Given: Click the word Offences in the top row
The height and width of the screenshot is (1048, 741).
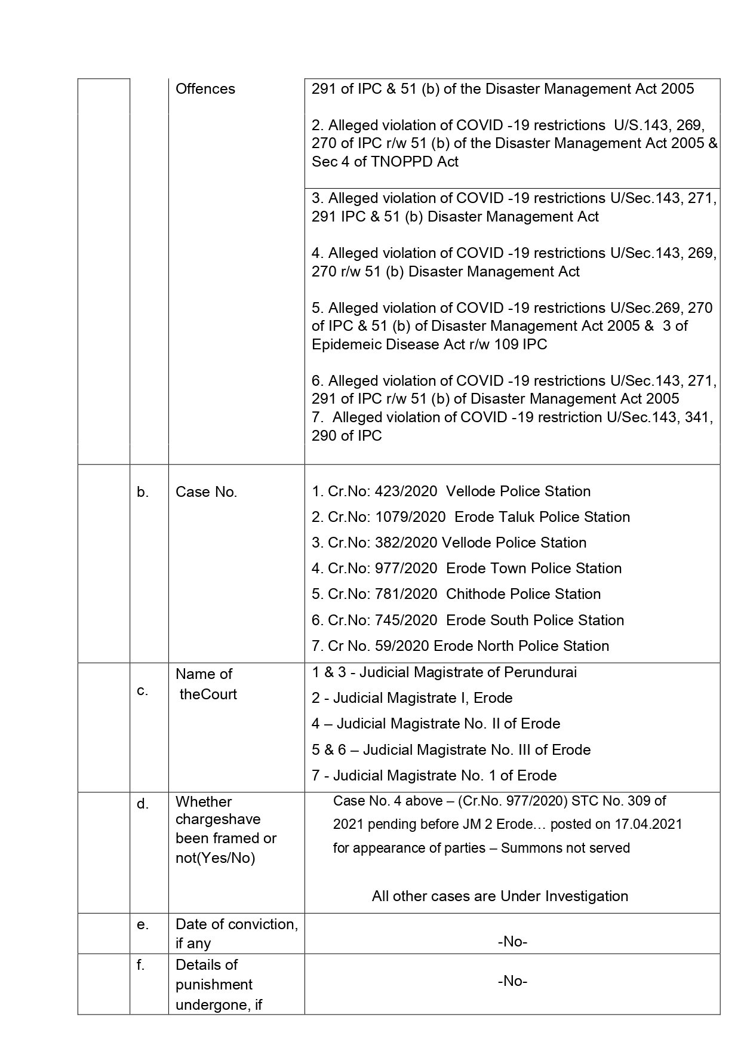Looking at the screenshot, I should click(205, 89).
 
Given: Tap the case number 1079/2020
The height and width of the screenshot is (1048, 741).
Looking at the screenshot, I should click(410, 517).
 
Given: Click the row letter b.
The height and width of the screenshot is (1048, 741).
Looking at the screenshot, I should click(143, 492).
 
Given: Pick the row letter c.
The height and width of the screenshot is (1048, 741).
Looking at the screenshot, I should click(142, 691).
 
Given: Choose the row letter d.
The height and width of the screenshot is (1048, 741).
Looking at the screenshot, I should click(143, 804).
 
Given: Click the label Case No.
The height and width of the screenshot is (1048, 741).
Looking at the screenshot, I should click(206, 492).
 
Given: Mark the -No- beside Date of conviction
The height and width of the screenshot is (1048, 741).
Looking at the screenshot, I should click(512, 942).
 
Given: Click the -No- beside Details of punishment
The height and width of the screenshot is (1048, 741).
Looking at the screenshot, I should click(512, 981).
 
